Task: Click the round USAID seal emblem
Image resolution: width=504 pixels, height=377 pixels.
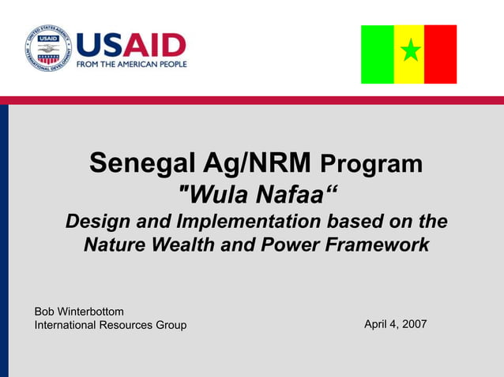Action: [47, 49]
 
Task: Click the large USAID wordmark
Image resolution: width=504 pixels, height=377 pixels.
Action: [131, 46]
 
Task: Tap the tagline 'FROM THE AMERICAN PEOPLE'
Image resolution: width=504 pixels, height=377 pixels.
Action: [131, 64]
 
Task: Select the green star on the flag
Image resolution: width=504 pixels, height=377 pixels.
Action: [409, 53]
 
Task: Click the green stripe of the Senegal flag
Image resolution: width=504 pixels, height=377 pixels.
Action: [377, 54]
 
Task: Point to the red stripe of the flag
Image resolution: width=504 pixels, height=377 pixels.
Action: [441, 54]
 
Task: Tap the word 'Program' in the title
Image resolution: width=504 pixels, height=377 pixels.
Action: [371, 165]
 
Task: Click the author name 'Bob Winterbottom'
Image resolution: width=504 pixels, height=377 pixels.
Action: [79, 312]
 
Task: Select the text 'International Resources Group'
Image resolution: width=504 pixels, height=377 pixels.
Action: [111, 326]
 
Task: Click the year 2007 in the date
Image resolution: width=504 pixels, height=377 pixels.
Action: [413, 324]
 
